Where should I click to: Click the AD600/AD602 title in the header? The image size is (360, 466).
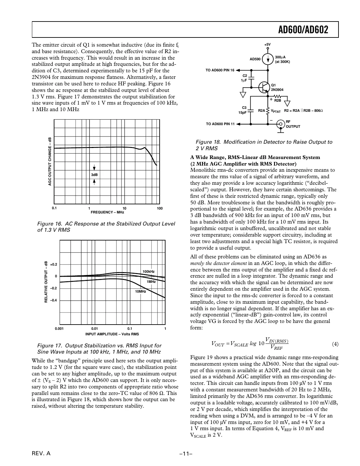point(303,30)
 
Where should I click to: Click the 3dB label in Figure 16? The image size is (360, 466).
point(94,175)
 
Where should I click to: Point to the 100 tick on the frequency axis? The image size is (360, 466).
point(159,209)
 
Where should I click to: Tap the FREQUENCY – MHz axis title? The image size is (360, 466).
point(107,212)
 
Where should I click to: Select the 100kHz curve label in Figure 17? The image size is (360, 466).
point(149,271)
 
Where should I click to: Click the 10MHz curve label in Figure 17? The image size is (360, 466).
point(140,291)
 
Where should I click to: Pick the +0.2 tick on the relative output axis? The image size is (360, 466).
point(53,264)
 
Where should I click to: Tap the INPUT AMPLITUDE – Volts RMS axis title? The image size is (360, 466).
point(112,334)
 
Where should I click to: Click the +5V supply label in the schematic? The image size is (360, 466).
point(267,44)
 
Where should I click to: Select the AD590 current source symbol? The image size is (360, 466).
point(268,59)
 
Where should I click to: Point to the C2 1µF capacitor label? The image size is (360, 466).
point(244,78)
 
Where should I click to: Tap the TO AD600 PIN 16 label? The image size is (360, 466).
point(220,70)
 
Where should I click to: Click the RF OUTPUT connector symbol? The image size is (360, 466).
point(280,124)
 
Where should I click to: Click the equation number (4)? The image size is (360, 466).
point(335,344)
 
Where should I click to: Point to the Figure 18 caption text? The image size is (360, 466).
point(264,145)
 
